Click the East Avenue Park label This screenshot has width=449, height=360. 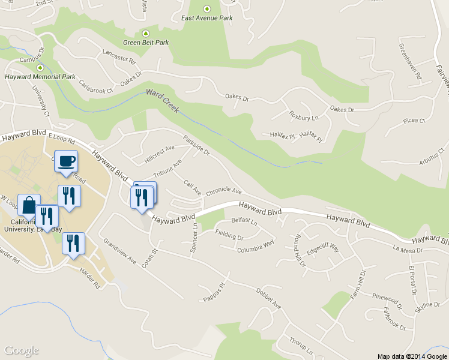207,18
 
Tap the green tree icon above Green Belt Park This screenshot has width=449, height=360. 145,34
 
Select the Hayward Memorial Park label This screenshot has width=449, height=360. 40,77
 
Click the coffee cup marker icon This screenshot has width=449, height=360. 66,161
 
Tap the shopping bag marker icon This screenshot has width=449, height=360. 29,205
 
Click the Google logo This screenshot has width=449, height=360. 22,350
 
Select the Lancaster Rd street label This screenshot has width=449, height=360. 119,57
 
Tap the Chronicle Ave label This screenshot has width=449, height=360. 223,192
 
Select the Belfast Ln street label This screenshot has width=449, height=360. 244,222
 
